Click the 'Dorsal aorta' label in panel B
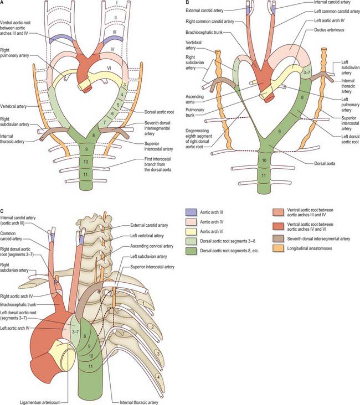pos(318,164)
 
